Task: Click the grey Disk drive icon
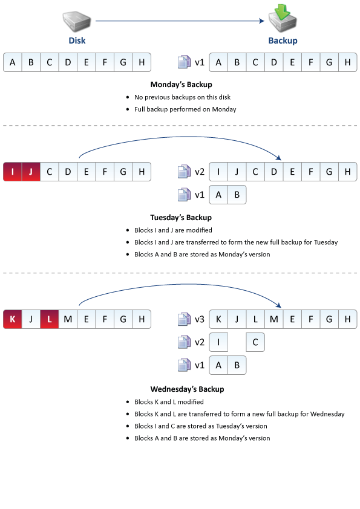click(x=77, y=21)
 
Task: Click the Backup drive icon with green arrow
click(x=283, y=18)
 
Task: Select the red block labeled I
click(x=12, y=172)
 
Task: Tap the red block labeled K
click(x=12, y=319)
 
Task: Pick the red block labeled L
click(x=50, y=319)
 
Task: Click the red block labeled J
click(x=31, y=172)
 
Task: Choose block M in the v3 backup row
click(x=274, y=319)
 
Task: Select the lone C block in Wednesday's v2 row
click(x=255, y=342)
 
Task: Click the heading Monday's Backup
click(x=182, y=85)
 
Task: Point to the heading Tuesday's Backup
click(x=181, y=218)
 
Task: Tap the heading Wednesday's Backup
click(x=187, y=389)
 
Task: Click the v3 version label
click(x=200, y=319)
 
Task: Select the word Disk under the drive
click(x=77, y=41)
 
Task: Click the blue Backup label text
click(x=283, y=41)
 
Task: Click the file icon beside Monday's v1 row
click(x=184, y=62)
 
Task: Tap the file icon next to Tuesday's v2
click(x=184, y=172)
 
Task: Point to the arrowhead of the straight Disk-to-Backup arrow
click(x=264, y=21)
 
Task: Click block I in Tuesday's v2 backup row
click(x=218, y=172)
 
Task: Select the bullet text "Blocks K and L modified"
click(x=169, y=402)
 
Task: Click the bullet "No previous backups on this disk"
click(x=182, y=97)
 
